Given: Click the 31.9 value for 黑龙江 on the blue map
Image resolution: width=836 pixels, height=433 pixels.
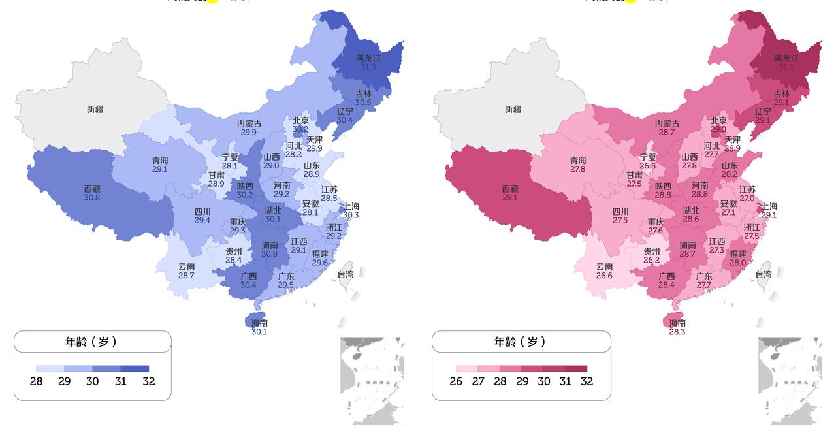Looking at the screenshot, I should [368, 67].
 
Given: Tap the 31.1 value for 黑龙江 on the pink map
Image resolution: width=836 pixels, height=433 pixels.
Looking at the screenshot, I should [786, 67].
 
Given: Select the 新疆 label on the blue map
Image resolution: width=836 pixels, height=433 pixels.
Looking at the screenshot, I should [95, 109].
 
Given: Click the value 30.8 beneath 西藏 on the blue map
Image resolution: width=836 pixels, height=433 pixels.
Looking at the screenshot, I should [92, 197].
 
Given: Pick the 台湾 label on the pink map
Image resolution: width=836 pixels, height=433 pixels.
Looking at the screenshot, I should [763, 274].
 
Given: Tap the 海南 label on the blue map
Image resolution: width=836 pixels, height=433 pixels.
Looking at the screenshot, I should [259, 323].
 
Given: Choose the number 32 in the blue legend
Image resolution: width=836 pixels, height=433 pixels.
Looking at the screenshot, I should [149, 381].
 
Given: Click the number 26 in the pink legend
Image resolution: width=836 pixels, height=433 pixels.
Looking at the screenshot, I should [456, 381].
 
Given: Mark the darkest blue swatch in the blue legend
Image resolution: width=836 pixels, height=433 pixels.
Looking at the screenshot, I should [135, 369].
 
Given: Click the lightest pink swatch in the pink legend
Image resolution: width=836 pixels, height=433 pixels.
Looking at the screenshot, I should [466, 369].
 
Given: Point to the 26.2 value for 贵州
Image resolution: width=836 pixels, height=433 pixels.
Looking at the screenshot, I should [651, 260].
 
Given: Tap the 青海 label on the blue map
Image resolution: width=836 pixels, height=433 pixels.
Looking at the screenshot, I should [159, 160].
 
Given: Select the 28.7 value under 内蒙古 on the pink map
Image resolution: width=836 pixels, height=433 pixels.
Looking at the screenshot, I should [666, 132].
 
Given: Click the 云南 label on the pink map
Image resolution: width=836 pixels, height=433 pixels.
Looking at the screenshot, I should [604, 266].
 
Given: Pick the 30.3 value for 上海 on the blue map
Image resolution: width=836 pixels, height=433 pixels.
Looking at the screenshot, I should [351, 215].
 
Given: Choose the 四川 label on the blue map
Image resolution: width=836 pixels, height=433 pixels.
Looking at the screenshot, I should [202, 212].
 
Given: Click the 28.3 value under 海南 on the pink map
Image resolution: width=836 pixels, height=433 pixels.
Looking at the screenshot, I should [677, 332].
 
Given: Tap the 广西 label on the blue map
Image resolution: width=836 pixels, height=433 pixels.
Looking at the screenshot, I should [248, 276].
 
